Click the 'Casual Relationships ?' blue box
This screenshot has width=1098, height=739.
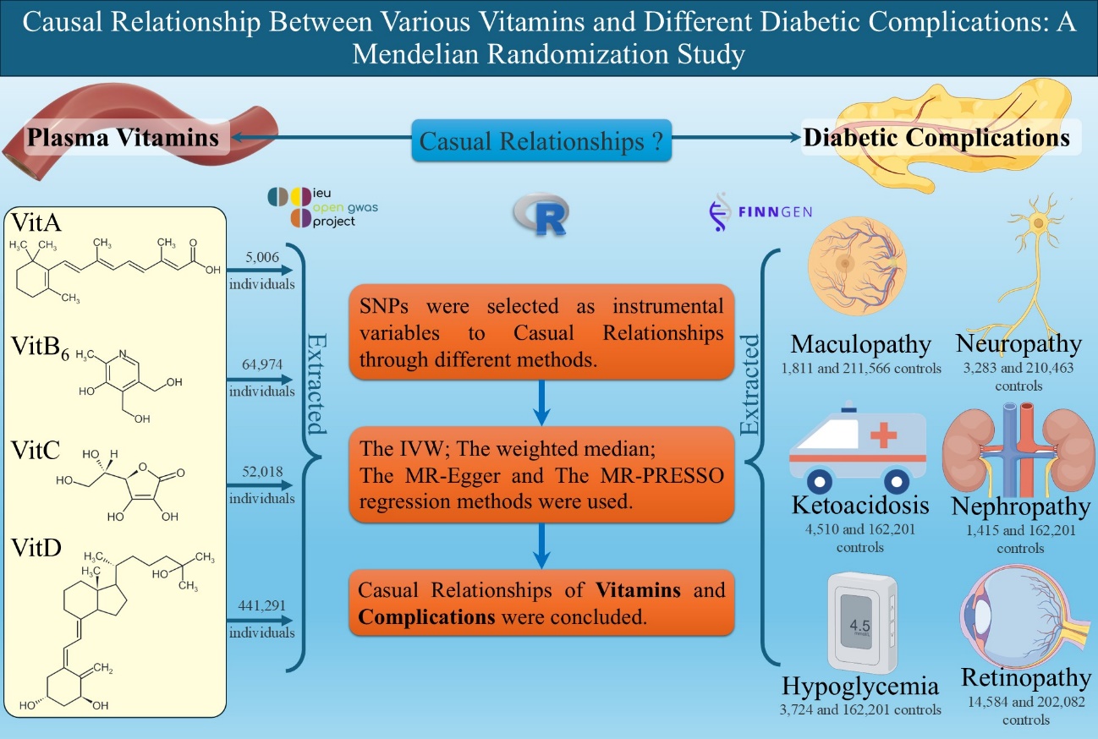541,140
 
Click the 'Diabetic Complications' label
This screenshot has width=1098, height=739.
936,137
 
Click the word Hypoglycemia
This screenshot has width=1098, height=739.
860,685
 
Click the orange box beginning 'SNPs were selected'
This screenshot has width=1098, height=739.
541,332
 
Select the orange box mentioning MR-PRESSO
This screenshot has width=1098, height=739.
541,476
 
